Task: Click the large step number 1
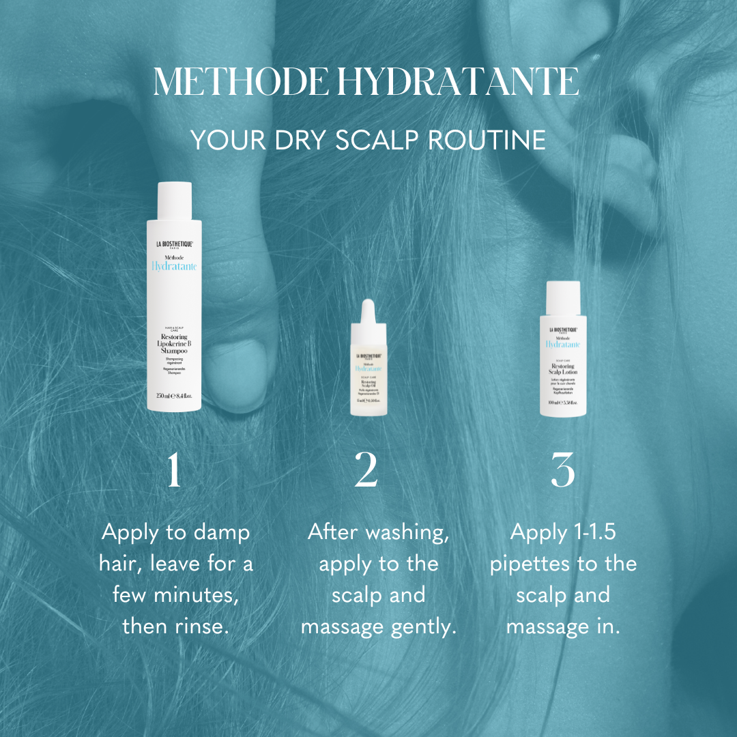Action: point(175,470)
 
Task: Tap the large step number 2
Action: point(366,470)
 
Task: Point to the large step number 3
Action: point(562,470)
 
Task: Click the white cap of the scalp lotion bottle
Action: point(562,297)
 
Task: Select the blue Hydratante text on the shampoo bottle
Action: point(174,267)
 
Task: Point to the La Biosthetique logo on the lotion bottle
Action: point(562,330)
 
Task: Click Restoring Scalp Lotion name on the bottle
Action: point(562,370)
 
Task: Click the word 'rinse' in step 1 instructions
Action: point(201,626)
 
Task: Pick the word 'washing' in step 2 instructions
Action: point(409,532)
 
